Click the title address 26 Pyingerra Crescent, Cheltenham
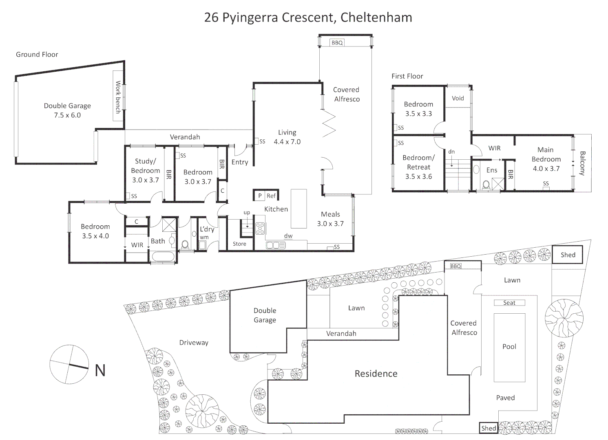[x=308, y=18]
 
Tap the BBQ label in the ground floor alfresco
[x=337, y=43]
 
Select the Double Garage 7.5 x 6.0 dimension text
[x=67, y=115]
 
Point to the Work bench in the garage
[x=118, y=97]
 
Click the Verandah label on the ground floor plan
[x=185, y=137]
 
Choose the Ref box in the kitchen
[x=271, y=196]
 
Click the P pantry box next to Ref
[x=260, y=196]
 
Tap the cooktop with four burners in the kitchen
[x=260, y=229]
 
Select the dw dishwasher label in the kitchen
[x=288, y=236]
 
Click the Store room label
[x=239, y=244]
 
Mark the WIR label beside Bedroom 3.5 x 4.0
[x=137, y=245]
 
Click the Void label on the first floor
[x=458, y=98]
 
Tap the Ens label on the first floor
[x=492, y=170]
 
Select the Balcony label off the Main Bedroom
[x=582, y=163]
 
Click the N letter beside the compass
[x=100, y=370]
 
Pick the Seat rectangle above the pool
[x=509, y=303]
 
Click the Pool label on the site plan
[x=509, y=347]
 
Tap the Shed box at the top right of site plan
[x=568, y=255]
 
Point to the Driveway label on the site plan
[x=194, y=343]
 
